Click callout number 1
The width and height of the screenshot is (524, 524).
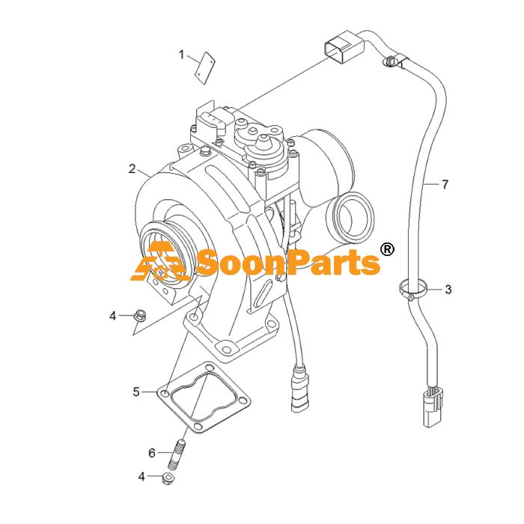[182, 55]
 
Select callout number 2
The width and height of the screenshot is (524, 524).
[132, 168]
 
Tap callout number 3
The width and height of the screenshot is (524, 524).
[448, 290]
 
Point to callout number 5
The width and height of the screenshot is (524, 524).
[136, 392]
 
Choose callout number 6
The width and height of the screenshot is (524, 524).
[152, 453]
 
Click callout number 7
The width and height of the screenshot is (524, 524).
[445, 184]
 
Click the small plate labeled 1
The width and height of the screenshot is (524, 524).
[205, 68]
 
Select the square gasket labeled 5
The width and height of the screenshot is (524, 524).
[204, 397]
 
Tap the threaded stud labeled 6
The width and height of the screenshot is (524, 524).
[177, 455]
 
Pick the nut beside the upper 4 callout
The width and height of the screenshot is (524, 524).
[139, 316]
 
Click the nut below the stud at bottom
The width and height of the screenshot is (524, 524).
[168, 479]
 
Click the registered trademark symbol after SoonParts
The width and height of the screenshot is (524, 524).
[387, 250]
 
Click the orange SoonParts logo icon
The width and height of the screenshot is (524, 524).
[158, 261]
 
